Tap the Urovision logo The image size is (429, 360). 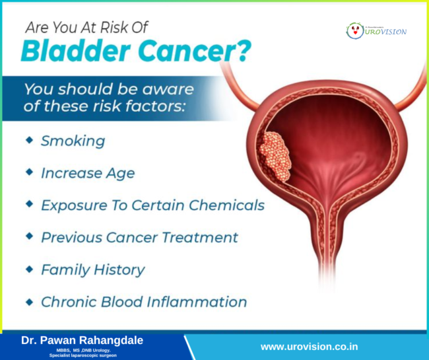click(x=376, y=30)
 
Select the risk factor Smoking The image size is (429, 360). click(x=73, y=141)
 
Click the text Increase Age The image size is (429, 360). click(x=88, y=173)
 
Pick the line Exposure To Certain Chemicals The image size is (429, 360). click(x=152, y=205)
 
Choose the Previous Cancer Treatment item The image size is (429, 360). click(x=139, y=236)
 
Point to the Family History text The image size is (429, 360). click(x=92, y=270)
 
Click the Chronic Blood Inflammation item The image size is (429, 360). click(x=144, y=302)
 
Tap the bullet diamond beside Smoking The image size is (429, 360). click(x=28, y=141)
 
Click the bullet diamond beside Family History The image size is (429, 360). click(x=28, y=269)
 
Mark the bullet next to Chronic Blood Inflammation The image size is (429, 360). click(x=28, y=301)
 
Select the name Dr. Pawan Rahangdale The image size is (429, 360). click(x=82, y=340)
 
